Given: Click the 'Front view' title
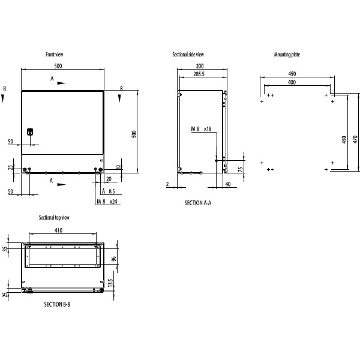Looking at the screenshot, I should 55,55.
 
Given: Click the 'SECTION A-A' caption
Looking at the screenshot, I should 198,204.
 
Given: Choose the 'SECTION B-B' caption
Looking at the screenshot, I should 58,305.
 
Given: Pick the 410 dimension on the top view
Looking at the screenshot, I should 59,229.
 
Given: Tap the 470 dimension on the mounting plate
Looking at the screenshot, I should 356,140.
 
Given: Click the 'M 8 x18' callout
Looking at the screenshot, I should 200,129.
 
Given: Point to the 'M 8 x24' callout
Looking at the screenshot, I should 107,202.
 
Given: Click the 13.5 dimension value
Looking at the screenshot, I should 110,281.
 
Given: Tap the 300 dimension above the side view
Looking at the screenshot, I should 201,66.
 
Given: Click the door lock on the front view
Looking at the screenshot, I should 30,132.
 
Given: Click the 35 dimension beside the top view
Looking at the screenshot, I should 5,248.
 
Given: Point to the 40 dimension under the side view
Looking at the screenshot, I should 229,185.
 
